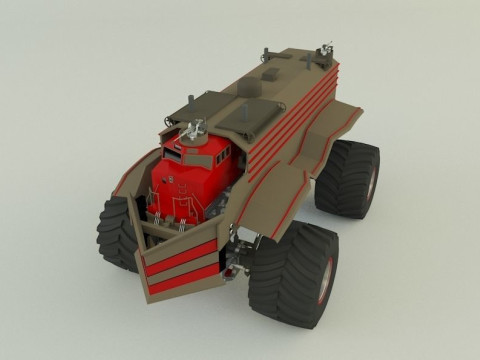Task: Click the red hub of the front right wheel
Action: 326,281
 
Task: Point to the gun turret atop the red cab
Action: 196,129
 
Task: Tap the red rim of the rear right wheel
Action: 372,180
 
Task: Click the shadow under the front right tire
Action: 300,326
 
